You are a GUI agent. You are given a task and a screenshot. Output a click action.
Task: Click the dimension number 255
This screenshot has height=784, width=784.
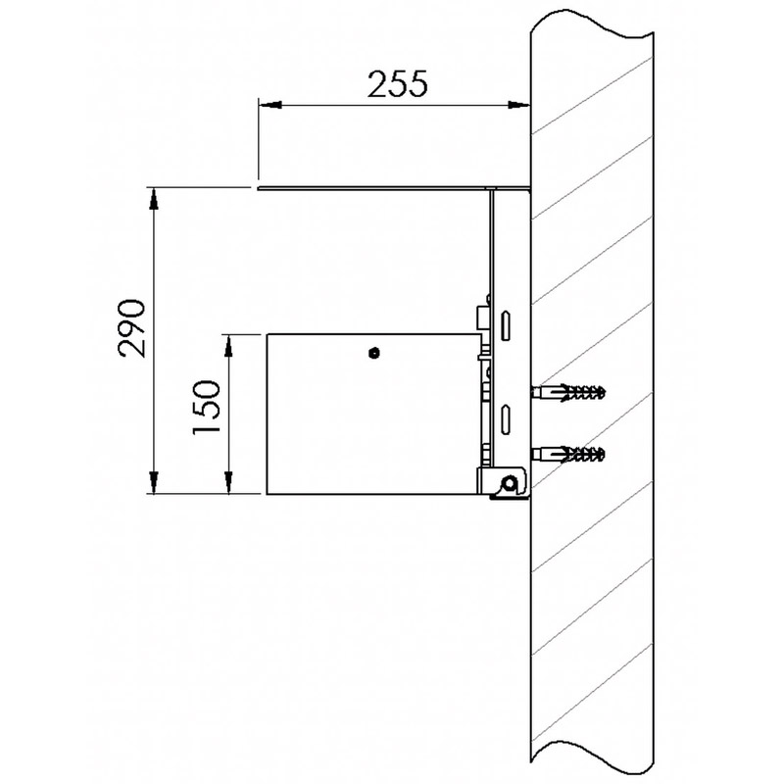click(398, 86)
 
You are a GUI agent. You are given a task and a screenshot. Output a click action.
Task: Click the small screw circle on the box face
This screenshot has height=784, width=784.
click(372, 353)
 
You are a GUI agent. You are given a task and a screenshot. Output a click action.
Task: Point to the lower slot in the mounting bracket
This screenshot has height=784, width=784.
click(507, 416)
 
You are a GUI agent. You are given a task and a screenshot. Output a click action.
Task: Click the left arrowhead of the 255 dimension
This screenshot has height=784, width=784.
click(267, 102)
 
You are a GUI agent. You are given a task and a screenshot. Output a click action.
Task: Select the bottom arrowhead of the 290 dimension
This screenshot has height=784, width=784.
click(154, 487)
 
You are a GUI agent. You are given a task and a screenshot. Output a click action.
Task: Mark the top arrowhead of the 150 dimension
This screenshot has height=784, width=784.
click(229, 343)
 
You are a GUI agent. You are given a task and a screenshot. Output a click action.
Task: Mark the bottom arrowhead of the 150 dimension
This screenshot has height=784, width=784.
click(229, 487)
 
